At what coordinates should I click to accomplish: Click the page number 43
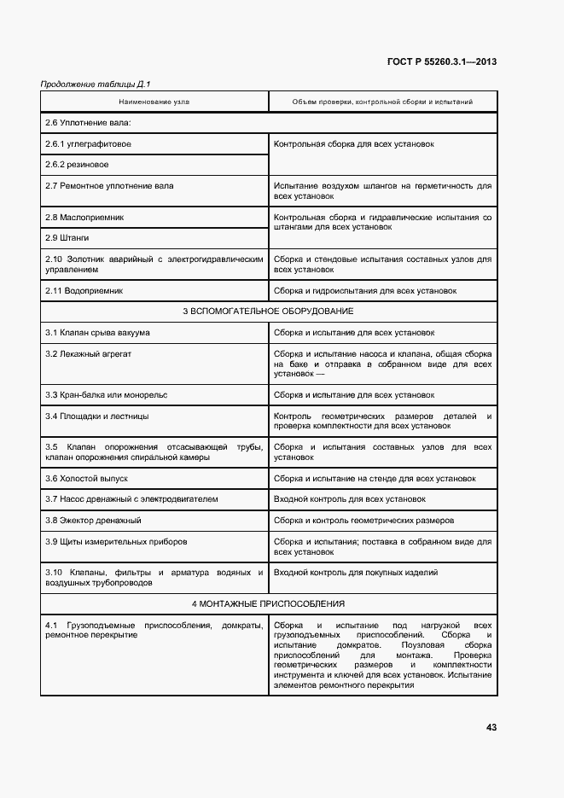tap(491, 727)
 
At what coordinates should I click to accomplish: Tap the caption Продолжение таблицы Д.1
tap(96, 84)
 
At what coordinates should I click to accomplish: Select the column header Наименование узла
tap(154, 102)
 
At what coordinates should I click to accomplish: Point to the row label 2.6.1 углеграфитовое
tap(88, 143)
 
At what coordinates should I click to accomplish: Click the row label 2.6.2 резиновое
tap(77, 164)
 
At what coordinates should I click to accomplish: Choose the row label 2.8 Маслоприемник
tap(84, 217)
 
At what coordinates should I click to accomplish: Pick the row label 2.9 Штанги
tap(67, 237)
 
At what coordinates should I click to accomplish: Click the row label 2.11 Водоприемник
tap(84, 290)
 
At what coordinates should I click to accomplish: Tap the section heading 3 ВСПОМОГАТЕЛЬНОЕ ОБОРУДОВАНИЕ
tap(268, 311)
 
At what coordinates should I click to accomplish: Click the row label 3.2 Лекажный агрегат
tap(88, 352)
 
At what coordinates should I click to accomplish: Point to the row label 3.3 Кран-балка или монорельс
tap(106, 395)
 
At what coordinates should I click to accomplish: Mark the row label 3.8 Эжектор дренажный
tap(93, 520)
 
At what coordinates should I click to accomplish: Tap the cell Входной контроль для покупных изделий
tap(355, 572)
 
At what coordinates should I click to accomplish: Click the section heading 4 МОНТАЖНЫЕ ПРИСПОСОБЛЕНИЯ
tap(268, 603)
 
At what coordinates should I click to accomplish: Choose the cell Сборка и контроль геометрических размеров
tap(363, 520)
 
